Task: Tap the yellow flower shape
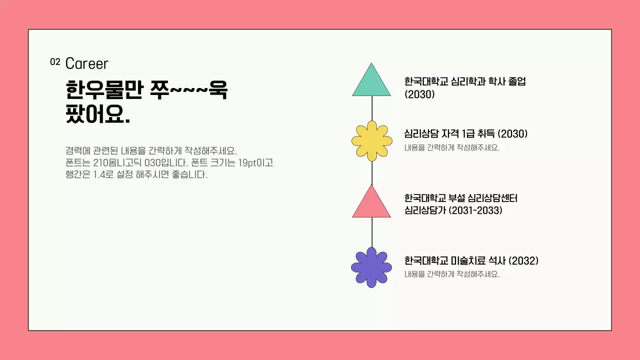[x=371, y=141]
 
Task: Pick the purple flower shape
[x=371, y=267]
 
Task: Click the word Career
[x=86, y=64]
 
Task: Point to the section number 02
[x=55, y=62]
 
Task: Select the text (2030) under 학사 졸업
[x=419, y=94]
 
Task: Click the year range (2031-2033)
[x=475, y=210]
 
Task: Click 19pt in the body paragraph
[x=242, y=163]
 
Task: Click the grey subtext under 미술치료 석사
[x=452, y=274]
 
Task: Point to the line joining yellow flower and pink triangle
[x=371, y=173]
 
